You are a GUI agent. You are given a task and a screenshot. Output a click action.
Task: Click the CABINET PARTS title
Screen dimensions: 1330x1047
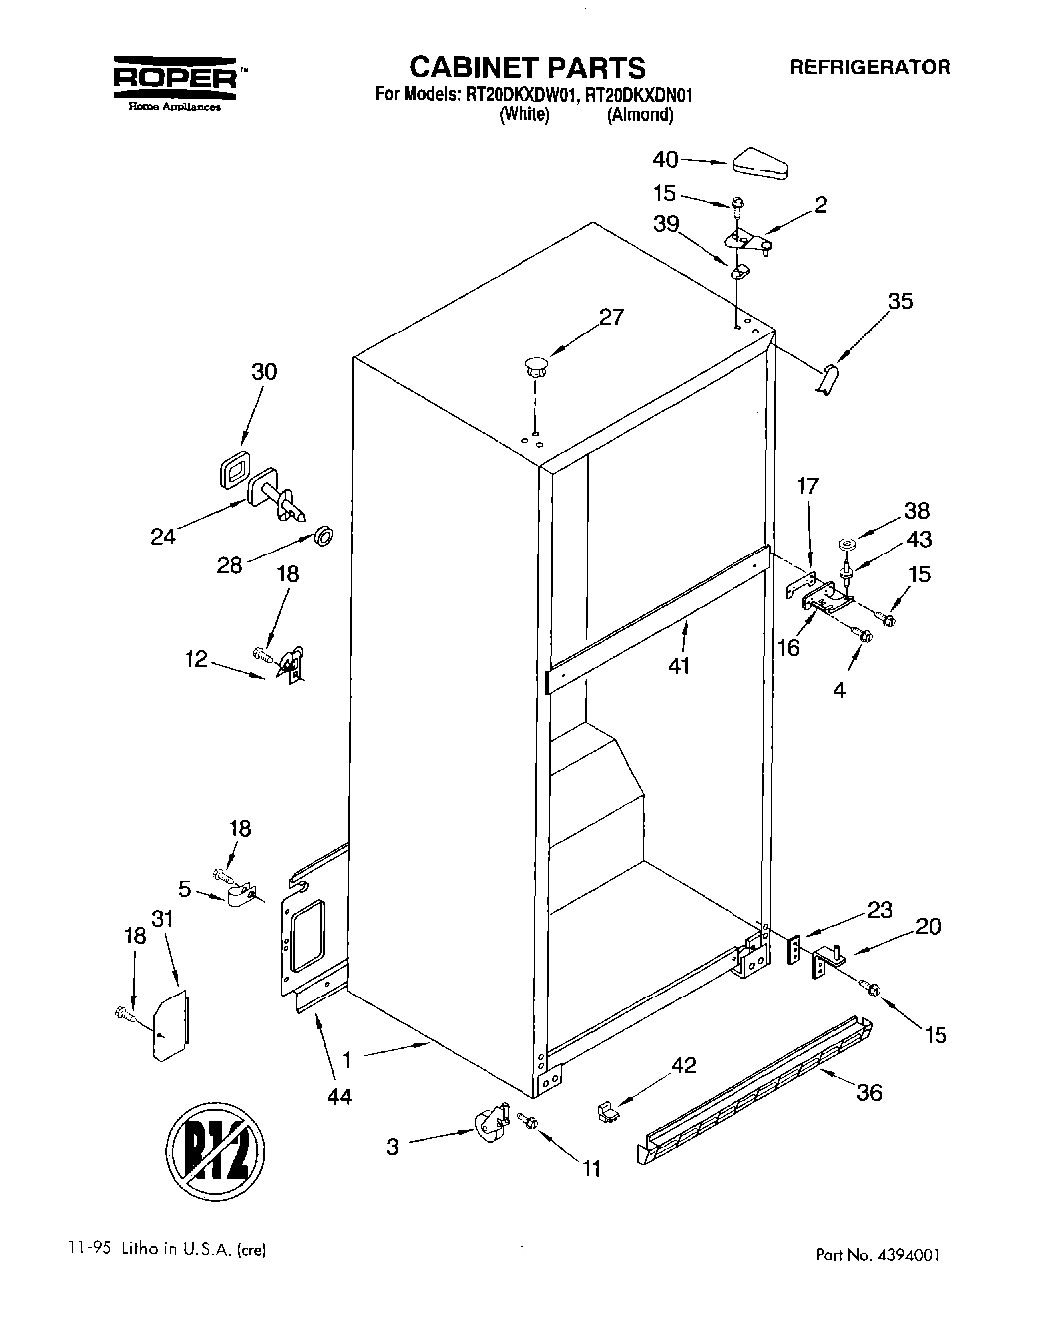(x=527, y=67)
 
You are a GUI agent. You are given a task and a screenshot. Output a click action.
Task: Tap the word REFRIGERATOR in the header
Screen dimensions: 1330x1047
(x=870, y=67)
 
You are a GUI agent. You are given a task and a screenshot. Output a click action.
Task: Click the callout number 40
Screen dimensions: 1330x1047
(x=665, y=159)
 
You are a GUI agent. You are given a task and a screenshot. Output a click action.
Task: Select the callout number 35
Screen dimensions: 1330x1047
(x=899, y=300)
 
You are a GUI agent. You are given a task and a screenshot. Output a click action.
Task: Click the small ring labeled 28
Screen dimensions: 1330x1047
(x=323, y=537)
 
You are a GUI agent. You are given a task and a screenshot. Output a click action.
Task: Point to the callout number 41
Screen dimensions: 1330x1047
(x=680, y=665)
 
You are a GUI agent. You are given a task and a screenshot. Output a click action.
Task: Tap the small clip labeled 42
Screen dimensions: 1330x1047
(x=603, y=1108)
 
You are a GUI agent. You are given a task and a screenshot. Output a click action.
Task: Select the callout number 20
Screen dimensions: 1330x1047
(x=927, y=926)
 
